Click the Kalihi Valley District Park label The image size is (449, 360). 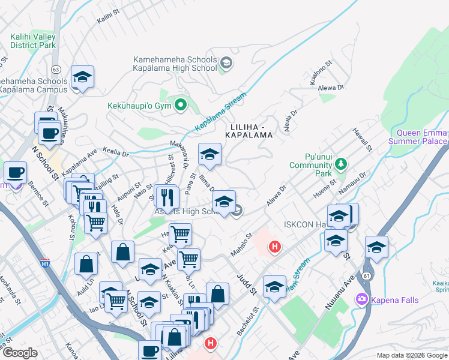tap(32, 41)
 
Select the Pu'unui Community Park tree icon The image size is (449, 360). tap(341, 163)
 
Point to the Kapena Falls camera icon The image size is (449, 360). tap(362, 298)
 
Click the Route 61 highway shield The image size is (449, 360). tap(366, 274)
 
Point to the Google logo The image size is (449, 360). tap(20, 352)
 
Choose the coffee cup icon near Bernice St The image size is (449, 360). tap(15, 173)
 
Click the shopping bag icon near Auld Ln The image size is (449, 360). tap(86, 263)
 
